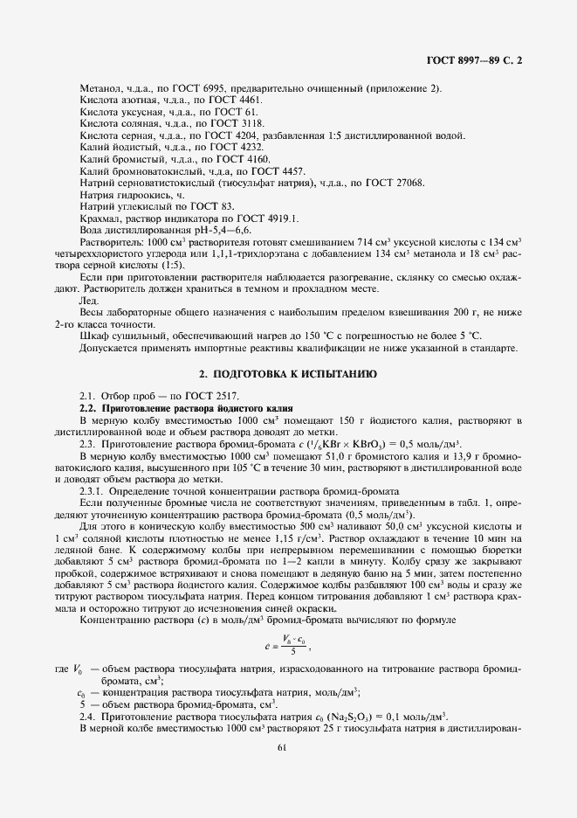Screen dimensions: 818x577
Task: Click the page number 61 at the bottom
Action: tap(282, 747)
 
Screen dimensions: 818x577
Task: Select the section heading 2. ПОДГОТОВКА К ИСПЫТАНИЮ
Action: tap(288, 373)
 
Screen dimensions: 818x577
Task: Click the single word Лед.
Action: tap(89, 301)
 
